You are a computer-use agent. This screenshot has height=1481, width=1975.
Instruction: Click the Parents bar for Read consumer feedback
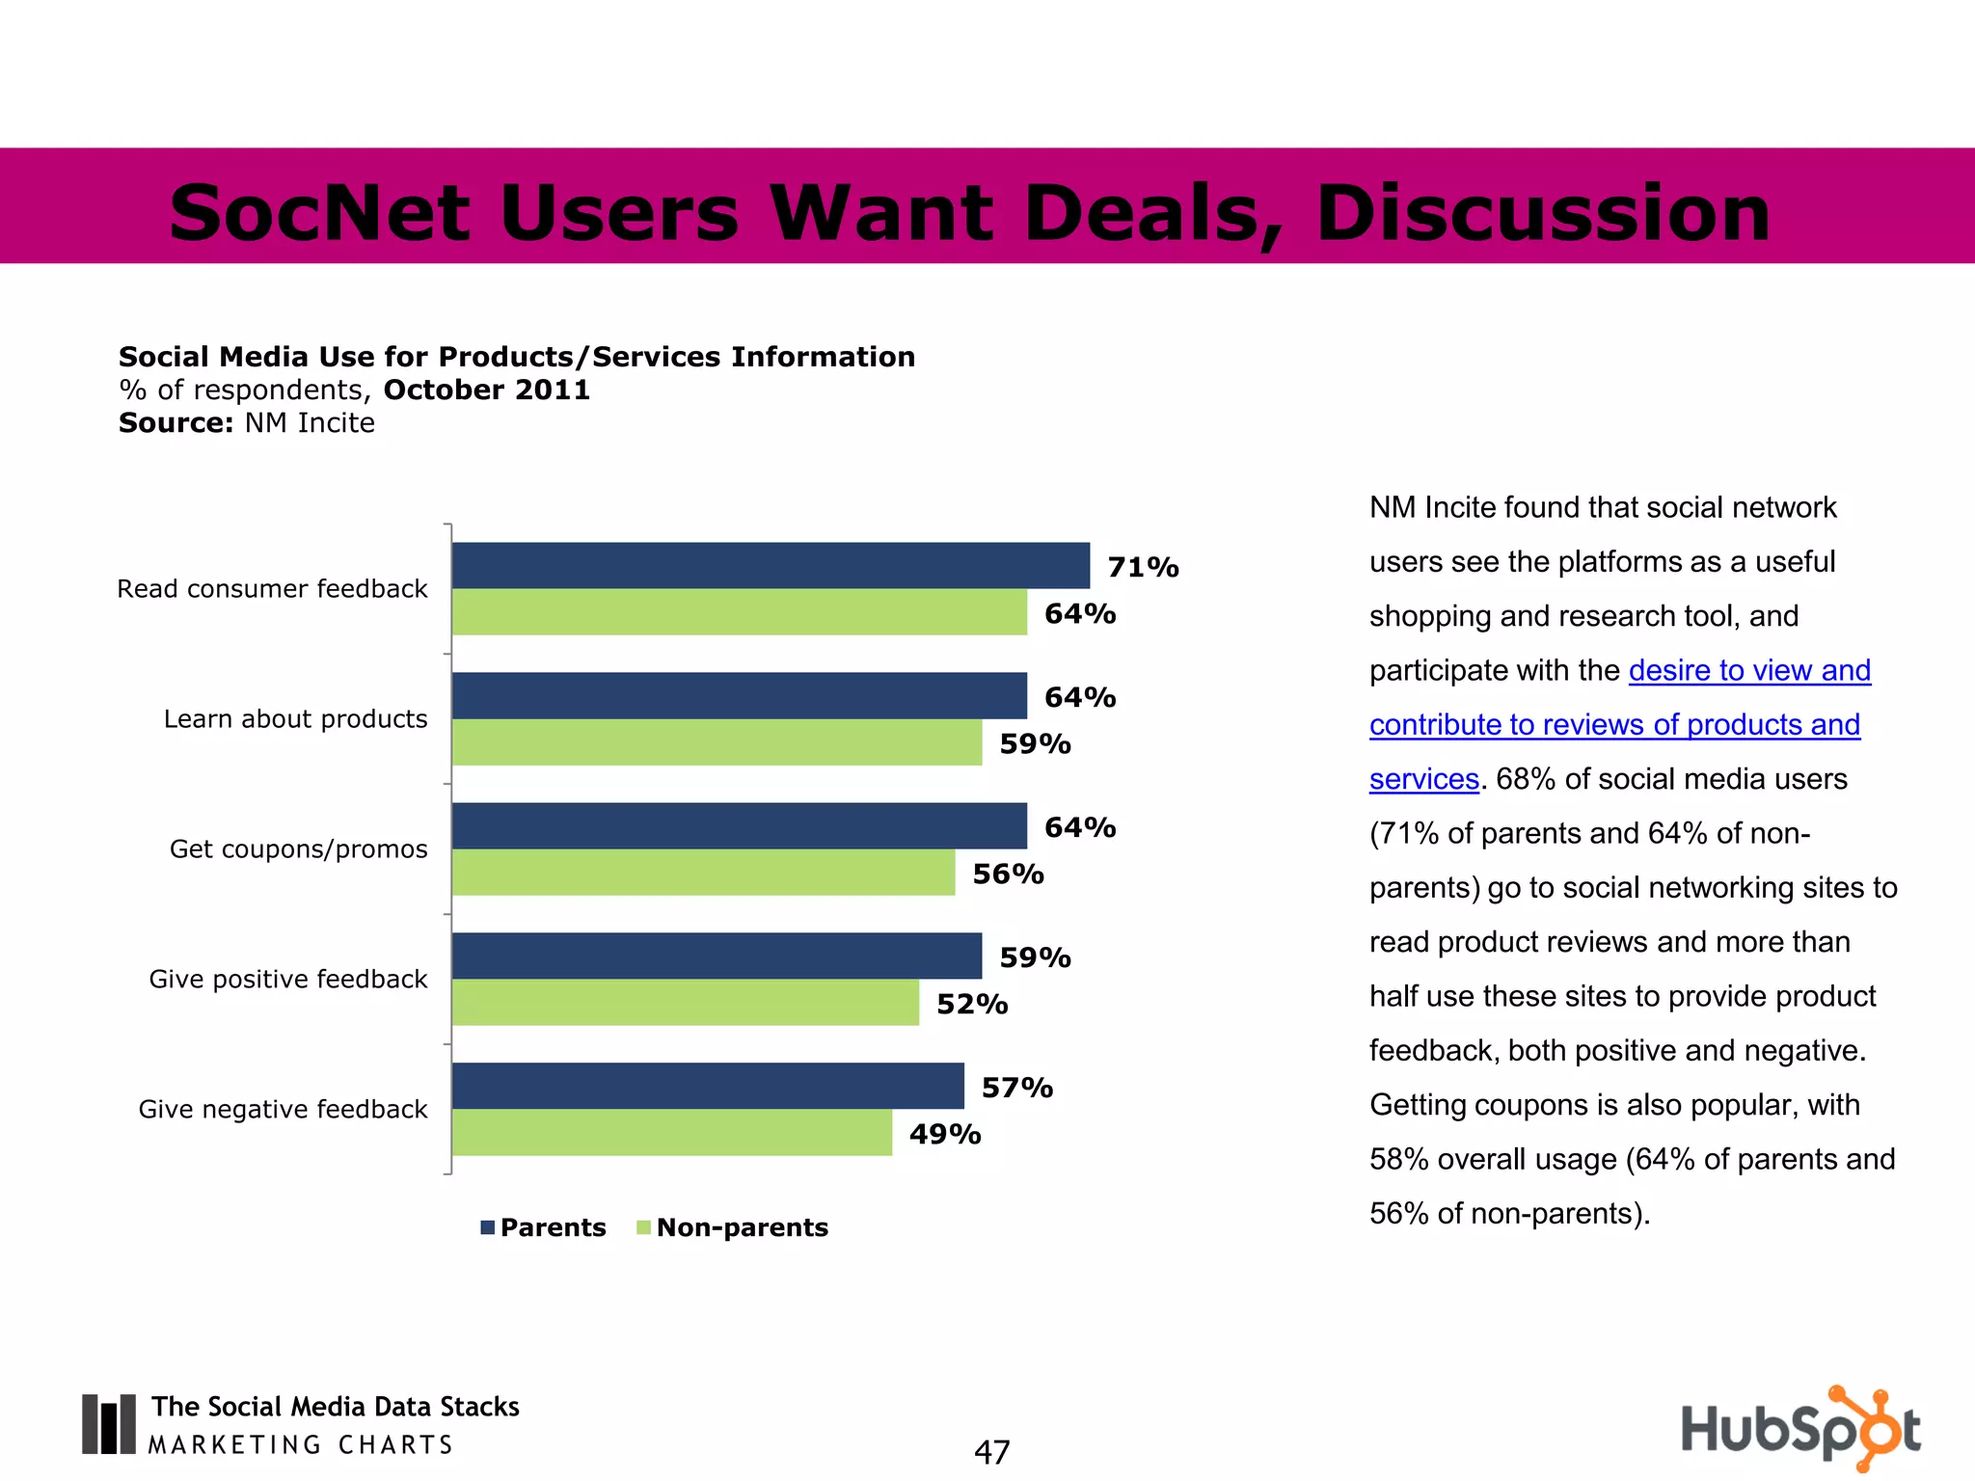click(770, 565)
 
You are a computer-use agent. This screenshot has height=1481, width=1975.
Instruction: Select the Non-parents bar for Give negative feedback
click(671, 1133)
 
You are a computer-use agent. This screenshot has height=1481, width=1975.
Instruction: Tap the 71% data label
click(1143, 567)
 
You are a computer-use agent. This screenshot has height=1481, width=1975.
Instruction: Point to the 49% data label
click(944, 1134)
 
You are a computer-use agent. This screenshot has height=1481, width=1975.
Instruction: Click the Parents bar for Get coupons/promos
click(739, 825)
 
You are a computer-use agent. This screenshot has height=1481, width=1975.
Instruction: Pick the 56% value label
click(1008, 874)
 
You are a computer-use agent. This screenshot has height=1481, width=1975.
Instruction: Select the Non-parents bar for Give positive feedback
click(685, 1003)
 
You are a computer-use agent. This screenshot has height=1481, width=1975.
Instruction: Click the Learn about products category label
click(295, 719)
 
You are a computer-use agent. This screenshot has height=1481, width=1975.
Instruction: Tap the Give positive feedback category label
click(287, 980)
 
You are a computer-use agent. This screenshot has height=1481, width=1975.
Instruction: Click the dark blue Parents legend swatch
click(488, 1227)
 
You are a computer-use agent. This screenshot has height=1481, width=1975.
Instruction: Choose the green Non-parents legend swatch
click(644, 1227)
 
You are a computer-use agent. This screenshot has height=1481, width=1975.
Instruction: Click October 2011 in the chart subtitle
click(486, 390)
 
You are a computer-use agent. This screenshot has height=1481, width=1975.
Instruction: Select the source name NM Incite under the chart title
click(309, 423)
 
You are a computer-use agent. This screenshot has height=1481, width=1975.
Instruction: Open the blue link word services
click(1423, 779)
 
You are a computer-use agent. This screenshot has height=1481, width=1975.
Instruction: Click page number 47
click(991, 1452)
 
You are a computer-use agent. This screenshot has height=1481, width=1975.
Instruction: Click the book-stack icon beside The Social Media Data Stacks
click(108, 1423)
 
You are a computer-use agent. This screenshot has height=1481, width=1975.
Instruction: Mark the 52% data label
click(971, 1005)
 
